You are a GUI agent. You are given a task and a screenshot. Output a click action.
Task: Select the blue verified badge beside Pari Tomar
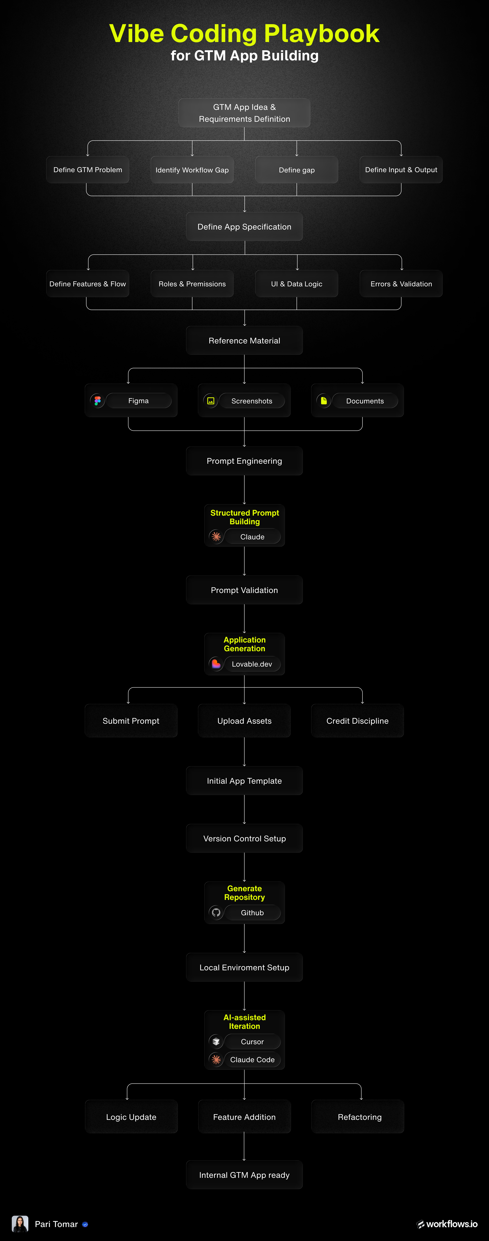(85, 1224)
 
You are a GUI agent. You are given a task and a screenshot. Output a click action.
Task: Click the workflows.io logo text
(452, 1224)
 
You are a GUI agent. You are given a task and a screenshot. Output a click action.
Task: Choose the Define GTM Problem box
(88, 170)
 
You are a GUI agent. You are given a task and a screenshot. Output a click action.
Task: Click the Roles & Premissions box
(192, 284)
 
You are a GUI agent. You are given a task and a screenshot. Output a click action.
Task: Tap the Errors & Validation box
(401, 284)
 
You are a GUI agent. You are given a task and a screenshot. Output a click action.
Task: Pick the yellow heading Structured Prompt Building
(244, 517)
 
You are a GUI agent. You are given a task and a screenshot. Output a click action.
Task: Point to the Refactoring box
(360, 1117)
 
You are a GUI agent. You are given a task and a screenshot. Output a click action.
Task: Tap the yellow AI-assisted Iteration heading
(244, 1021)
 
